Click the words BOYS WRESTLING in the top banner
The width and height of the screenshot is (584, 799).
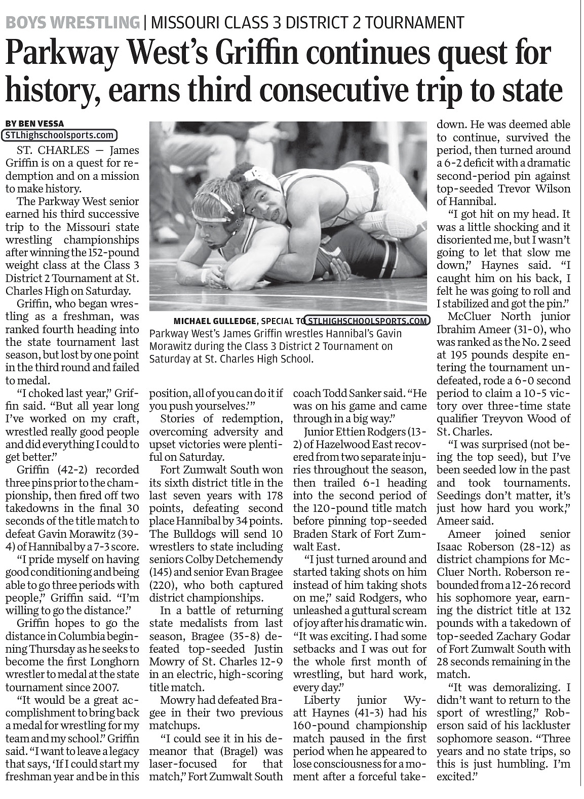[72, 22]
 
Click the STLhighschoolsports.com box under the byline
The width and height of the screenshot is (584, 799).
[60, 135]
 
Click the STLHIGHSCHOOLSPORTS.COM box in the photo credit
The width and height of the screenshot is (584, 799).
[368, 321]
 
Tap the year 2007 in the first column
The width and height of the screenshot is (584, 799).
[107, 687]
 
